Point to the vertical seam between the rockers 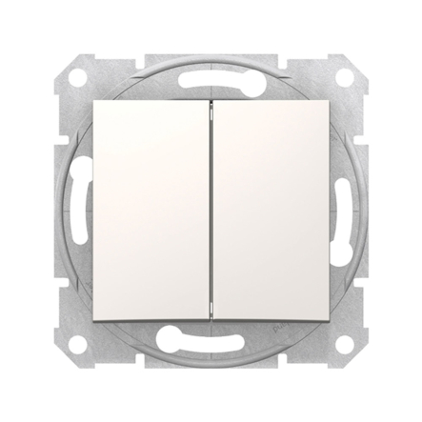(211, 211)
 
